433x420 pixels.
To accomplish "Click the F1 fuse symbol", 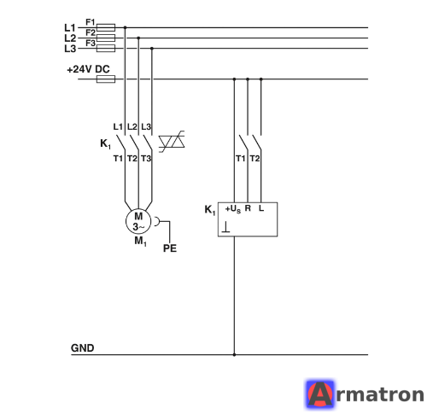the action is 106,27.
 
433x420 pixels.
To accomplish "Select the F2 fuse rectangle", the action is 106,38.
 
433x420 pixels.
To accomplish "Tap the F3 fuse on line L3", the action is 106,49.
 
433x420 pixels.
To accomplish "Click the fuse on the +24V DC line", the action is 106,79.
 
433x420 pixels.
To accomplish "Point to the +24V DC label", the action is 88,69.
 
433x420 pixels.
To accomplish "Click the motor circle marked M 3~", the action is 138,221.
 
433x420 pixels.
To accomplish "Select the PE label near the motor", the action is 170,248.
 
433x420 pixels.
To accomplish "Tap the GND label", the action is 82,348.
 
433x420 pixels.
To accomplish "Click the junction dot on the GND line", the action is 234,354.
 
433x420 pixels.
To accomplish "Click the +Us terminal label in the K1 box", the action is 233,209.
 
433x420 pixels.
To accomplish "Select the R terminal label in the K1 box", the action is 248,208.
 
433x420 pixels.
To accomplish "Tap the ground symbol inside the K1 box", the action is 225,227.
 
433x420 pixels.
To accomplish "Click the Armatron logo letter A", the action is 319,394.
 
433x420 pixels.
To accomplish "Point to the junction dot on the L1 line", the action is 125,27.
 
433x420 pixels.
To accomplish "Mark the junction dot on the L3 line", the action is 152,49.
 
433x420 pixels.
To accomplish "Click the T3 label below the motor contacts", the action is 146,159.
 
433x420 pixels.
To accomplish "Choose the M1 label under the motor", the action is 140,242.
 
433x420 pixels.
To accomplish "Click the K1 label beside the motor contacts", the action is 105,143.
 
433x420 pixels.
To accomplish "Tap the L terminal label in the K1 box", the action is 261,208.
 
